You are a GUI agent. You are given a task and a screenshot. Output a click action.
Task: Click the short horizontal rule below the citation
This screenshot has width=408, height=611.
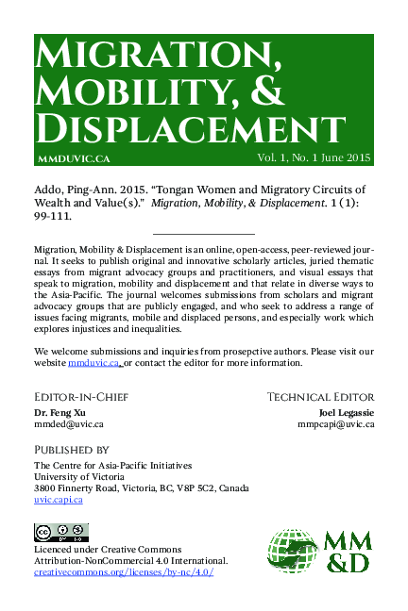pyautogui.click(x=204, y=233)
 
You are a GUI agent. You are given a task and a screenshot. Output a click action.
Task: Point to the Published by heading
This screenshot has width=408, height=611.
pyautogui.click(x=71, y=450)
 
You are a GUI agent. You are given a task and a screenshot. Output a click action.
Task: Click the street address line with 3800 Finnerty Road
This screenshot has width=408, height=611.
pyautogui.click(x=142, y=488)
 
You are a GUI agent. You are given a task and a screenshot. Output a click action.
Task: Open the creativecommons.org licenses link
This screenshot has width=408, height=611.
pyautogui.click(x=124, y=572)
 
